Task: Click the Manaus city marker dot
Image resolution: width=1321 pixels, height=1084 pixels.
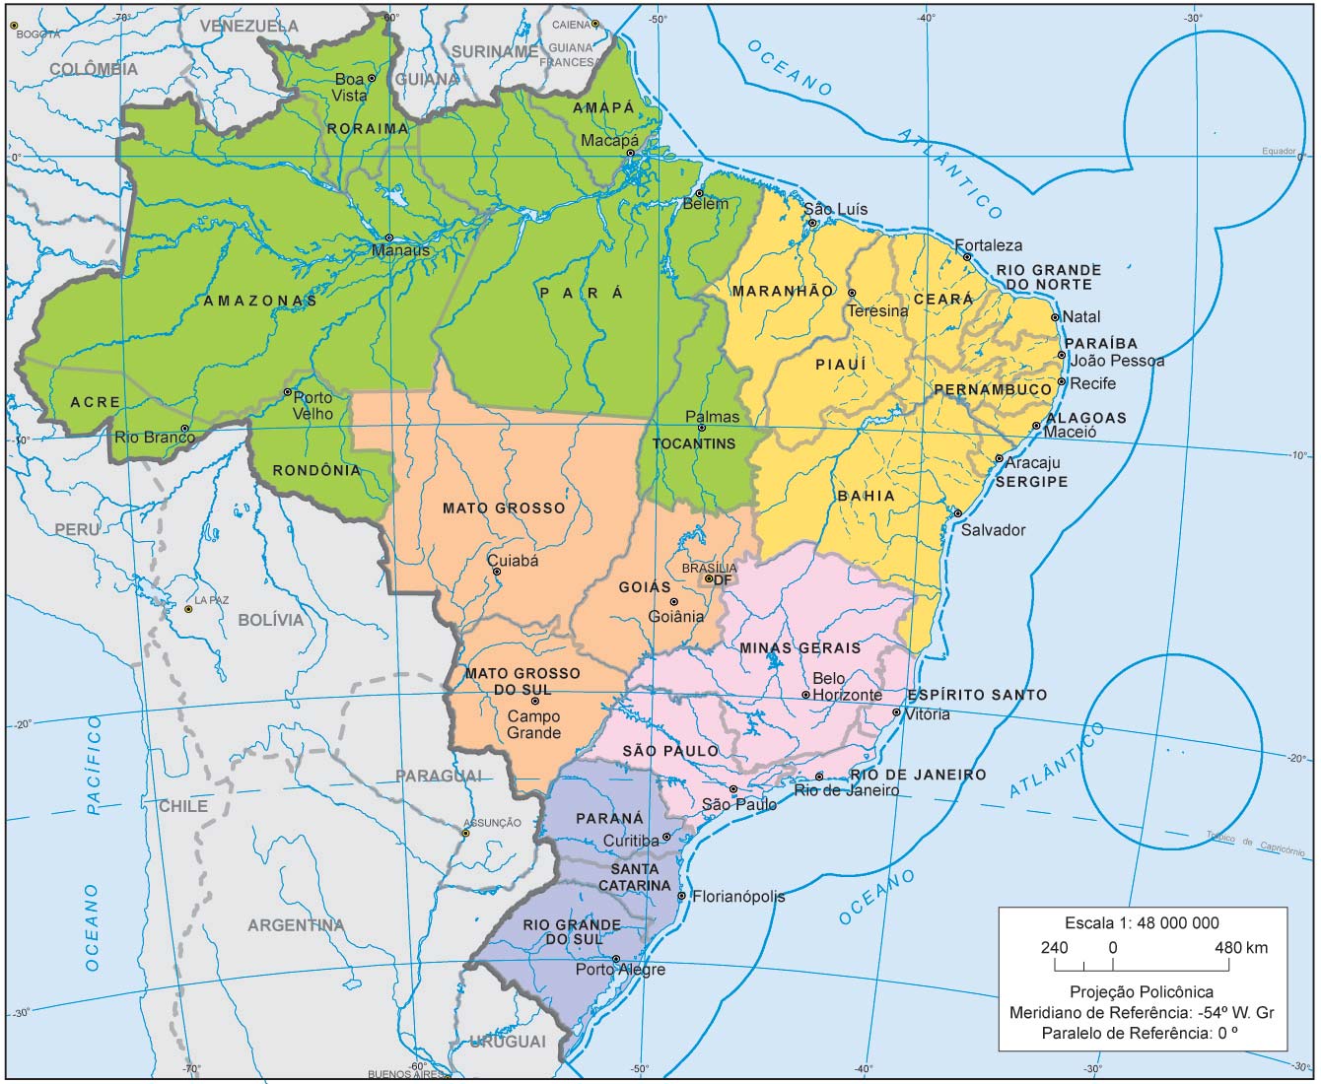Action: (x=389, y=237)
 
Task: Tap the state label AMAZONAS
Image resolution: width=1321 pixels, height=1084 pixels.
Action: (x=260, y=301)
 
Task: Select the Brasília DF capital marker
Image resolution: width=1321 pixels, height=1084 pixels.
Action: (x=708, y=578)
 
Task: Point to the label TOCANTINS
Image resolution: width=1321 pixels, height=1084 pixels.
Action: (x=694, y=443)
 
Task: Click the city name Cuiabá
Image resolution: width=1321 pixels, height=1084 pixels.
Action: (x=514, y=561)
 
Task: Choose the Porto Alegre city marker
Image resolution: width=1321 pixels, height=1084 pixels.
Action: (x=616, y=959)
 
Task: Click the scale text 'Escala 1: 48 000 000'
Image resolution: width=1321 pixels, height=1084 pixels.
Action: (x=1142, y=923)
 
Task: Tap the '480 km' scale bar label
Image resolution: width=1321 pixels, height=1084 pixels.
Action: (x=1241, y=948)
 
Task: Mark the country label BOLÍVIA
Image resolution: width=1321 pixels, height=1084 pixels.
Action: (x=271, y=620)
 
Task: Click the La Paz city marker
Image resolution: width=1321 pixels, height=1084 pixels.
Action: (x=188, y=609)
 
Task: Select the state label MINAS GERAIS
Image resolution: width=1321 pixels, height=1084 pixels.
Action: (x=800, y=648)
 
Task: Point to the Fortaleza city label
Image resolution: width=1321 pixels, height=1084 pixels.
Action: (x=989, y=245)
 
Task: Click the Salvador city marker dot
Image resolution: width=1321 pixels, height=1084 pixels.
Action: (x=957, y=512)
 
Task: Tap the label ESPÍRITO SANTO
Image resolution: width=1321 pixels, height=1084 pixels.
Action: (x=978, y=695)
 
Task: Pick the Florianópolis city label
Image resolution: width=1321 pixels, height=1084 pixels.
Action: (x=738, y=897)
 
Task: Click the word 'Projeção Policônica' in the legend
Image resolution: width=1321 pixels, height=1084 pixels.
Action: (x=1142, y=992)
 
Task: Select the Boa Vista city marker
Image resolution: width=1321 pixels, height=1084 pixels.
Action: (x=372, y=78)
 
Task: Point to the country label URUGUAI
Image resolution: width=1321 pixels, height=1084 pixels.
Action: (x=508, y=1042)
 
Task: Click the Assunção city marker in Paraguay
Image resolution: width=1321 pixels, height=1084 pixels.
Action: (x=466, y=834)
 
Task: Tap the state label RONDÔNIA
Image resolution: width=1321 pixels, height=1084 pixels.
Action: (x=316, y=471)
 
